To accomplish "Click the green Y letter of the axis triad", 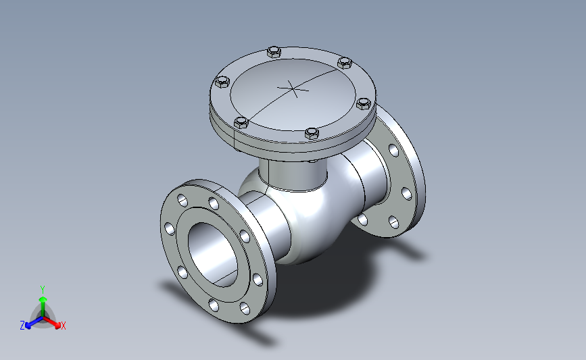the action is (x=43, y=290).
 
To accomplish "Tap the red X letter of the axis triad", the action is (x=63, y=326).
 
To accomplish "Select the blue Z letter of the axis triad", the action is (x=22, y=326).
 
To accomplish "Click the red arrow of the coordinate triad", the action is (x=51, y=322).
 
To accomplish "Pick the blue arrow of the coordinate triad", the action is (x=34, y=322).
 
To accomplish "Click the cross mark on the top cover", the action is (x=293, y=89).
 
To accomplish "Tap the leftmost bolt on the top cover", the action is (x=222, y=82).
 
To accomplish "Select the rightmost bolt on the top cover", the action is (x=364, y=103).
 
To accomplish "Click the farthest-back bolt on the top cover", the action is (x=274, y=51).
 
